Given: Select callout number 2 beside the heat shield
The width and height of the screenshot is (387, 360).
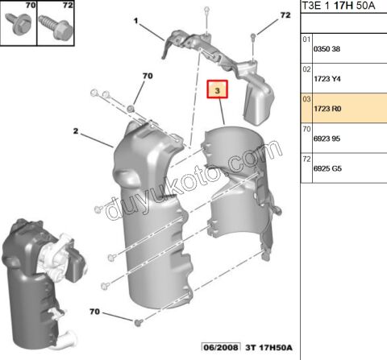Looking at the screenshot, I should pyautogui.click(x=75, y=130).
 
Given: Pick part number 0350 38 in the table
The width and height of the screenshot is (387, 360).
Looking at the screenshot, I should pyautogui.click(x=327, y=48).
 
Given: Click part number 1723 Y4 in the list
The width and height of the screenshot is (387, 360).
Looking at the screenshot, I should pyautogui.click(x=327, y=79).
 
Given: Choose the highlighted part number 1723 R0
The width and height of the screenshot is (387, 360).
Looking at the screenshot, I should pyautogui.click(x=327, y=110).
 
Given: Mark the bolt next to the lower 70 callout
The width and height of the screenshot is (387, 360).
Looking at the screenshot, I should pyautogui.click(x=137, y=322).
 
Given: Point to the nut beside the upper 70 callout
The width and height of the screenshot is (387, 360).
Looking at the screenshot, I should pyautogui.click(x=130, y=107).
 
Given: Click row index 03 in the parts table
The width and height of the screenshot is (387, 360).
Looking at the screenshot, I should pyautogui.click(x=306, y=99).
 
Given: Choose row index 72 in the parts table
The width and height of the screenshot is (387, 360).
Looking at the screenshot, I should pyautogui.click(x=306, y=160).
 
